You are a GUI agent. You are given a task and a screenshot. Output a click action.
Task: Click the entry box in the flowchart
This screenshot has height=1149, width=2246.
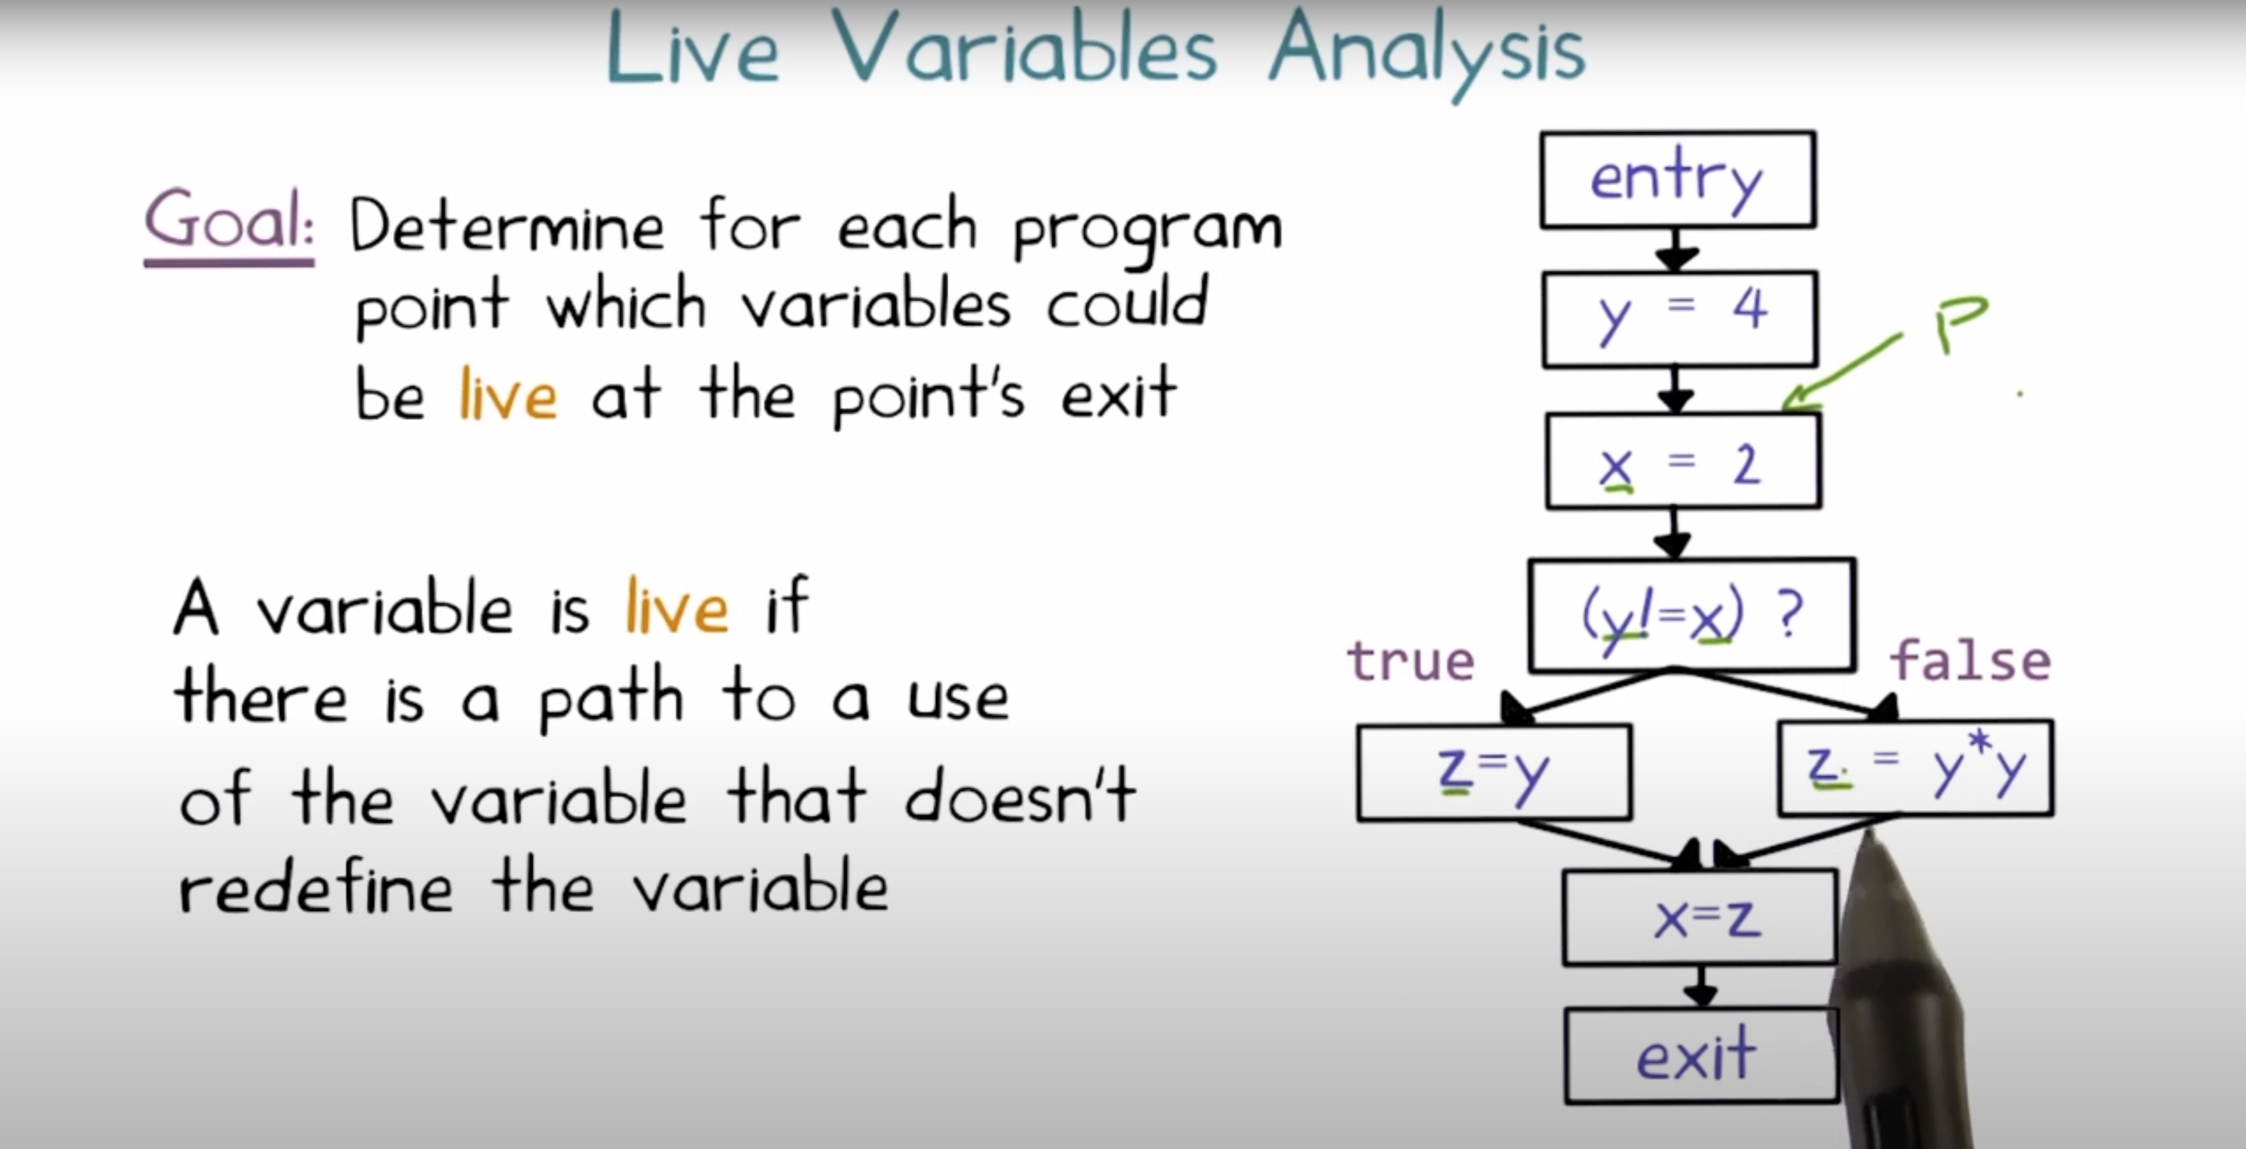[1678, 180]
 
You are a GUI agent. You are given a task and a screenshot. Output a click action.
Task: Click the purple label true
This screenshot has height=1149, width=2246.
[1410, 661]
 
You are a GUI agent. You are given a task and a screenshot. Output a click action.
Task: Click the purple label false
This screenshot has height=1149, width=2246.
[1969, 661]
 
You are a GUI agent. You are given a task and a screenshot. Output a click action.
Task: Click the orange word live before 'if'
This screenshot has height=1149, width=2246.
[676, 608]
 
